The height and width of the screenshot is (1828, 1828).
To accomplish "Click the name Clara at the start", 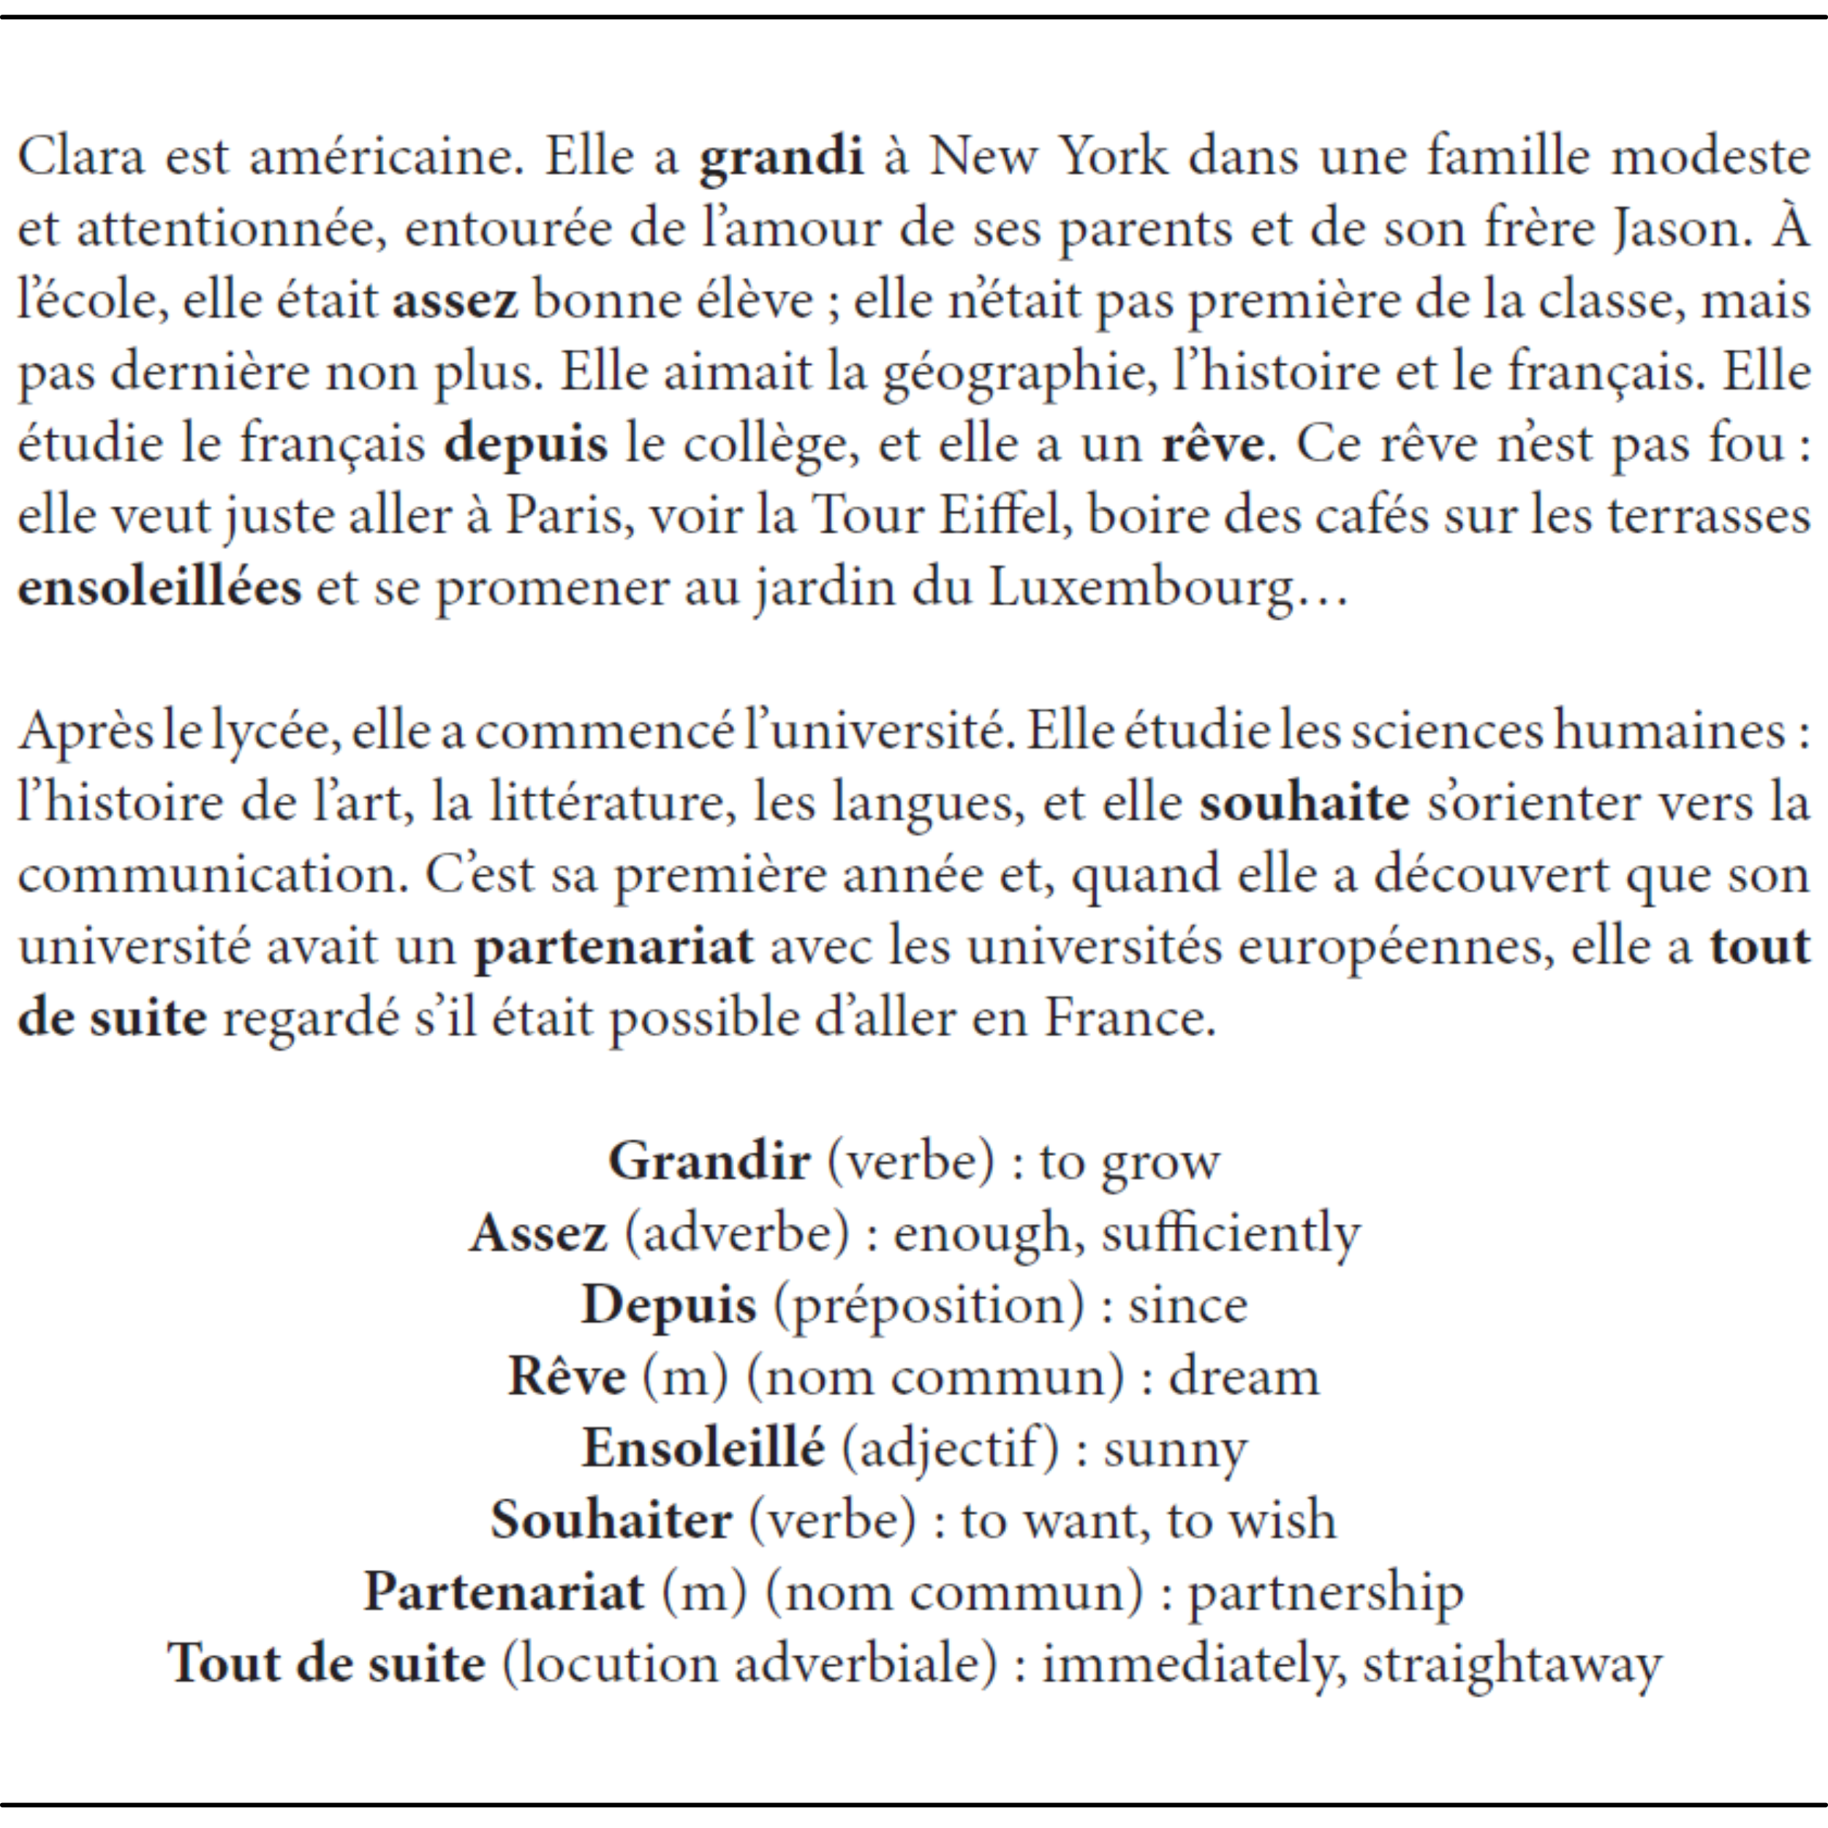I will [x=81, y=156].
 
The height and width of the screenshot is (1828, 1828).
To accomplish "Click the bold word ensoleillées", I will [x=159, y=589].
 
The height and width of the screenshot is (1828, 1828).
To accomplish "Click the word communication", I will [x=212, y=875].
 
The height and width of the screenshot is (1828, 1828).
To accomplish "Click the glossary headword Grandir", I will [x=709, y=1162].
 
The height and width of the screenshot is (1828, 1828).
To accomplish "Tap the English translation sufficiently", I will [x=1230, y=1234].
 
